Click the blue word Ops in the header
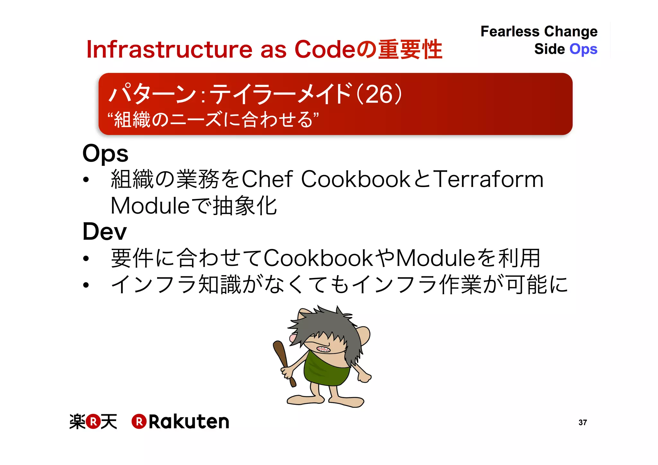(583, 49)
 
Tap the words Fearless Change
(539, 31)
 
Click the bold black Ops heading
(105, 154)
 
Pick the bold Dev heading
(105, 231)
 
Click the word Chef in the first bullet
(267, 179)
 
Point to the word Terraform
(488, 179)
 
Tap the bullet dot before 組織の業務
(86, 180)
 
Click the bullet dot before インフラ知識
(86, 285)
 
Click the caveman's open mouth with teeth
(323, 349)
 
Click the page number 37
(582, 423)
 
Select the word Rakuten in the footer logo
(189, 422)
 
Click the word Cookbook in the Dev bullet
(318, 258)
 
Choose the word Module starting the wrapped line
(150, 206)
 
